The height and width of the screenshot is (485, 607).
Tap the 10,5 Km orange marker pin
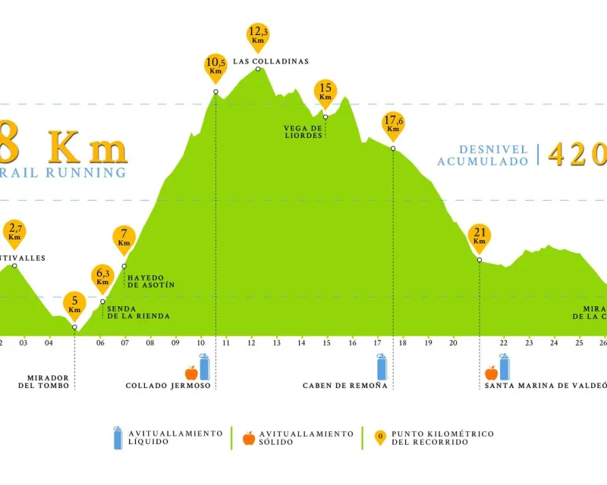pyautogui.click(x=215, y=66)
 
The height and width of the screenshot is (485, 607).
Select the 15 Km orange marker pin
pyautogui.click(x=326, y=92)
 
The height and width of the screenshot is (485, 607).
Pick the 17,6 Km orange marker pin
pyautogui.click(x=393, y=124)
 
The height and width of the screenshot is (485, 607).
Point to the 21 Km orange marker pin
pyautogui.click(x=479, y=236)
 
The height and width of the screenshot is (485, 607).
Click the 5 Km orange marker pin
pyautogui.click(x=74, y=304)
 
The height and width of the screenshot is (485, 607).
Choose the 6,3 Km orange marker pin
pyautogui.click(x=102, y=277)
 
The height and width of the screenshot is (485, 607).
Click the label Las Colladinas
pyautogui.click(x=271, y=61)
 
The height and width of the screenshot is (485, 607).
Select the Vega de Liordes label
pyautogui.click(x=303, y=132)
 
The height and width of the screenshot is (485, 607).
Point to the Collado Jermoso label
pyautogui.click(x=168, y=385)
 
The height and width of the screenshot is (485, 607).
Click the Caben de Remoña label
pyautogui.click(x=345, y=385)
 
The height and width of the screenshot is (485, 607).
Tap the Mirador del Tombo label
pyautogui.click(x=44, y=381)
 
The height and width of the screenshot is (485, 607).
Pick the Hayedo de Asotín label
pyautogui.click(x=151, y=280)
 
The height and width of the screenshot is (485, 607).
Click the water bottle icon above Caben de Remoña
pyautogui.click(x=382, y=367)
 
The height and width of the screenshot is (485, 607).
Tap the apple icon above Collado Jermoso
pyautogui.click(x=191, y=371)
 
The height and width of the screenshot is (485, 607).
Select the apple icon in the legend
pyautogui.click(x=248, y=437)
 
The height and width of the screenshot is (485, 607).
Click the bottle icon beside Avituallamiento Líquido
pyautogui.click(x=118, y=437)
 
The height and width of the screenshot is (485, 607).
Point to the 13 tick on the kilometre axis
pyautogui.click(x=277, y=343)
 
